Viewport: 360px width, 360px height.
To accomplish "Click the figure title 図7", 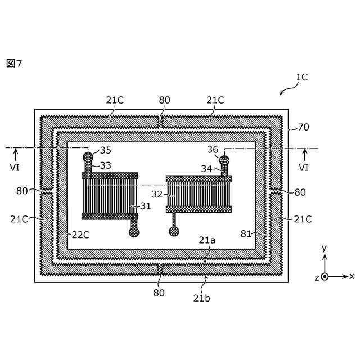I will pyautogui.click(x=13, y=62).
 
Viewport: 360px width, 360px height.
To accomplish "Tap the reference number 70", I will pyautogui.click(x=303, y=128).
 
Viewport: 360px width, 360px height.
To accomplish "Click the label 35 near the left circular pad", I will pyautogui.click(x=105, y=150).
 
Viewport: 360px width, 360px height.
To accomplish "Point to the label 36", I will pyautogui.click(x=213, y=150).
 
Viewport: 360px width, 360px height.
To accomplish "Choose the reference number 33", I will pyautogui.click(x=106, y=165).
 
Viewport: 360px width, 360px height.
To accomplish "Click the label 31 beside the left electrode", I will pyautogui.click(x=146, y=206).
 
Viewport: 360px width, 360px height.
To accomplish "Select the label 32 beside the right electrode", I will pyautogui.click(x=157, y=193).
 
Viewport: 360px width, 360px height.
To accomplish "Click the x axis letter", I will pyautogui.click(x=352, y=276).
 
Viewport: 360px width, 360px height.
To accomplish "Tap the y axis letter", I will pyautogui.click(x=324, y=248).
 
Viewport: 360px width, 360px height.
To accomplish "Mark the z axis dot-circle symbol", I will pyautogui.click(x=325, y=277).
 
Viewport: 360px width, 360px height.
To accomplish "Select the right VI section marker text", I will pyautogui.click(x=304, y=168).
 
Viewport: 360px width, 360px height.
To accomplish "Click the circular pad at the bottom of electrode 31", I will pyautogui.click(x=134, y=231).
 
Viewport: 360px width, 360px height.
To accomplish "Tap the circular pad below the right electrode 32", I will pyautogui.click(x=174, y=230).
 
